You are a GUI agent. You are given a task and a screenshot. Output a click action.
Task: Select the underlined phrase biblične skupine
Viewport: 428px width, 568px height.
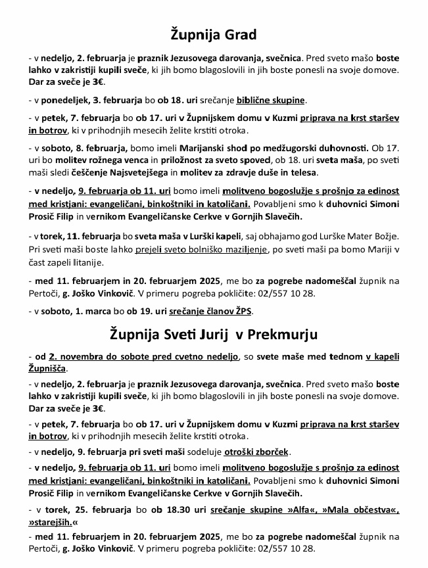(x=274, y=101)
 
